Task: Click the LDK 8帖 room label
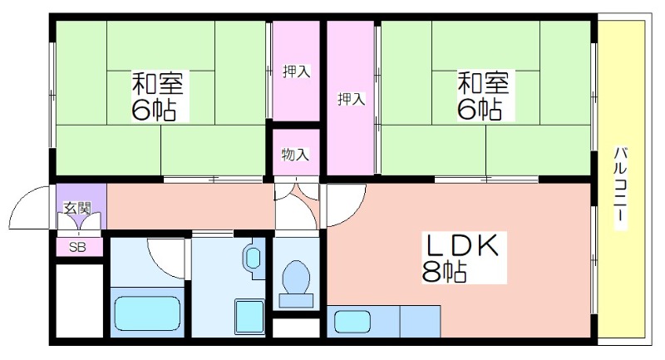pyautogui.click(x=465, y=258)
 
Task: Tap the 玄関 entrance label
pyautogui.click(x=77, y=208)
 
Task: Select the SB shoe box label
pyautogui.click(x=77, y=247)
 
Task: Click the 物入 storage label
pyautogui.click(x=295, y=155)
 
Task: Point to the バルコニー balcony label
pyautogui.click(x=620, y=188)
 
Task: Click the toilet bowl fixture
pyautogui.click(x=296, y=277)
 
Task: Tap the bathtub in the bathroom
pyautogui.click(x=147, y=313)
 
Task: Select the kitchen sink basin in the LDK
pyautogui.click(x=352, y=322)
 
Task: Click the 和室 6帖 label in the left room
pyautogui.click(x=157, y=96)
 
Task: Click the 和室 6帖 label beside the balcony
pyautogui.click(x=483, y=96)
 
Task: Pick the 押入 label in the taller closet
pyautogui.click(x=351, y=99)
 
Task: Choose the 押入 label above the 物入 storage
pyautogui.click(x=297, y=72)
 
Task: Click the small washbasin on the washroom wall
pyautogui.click(x=254, y=258)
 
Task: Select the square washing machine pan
pyautogui.click(x=249, y=317)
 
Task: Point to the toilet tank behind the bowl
pyautogui.click(x=296, y=301)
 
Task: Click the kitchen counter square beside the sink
pyautogui.click(x=420, y=322)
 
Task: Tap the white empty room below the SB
pyautogui.click(x=80, y=301)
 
